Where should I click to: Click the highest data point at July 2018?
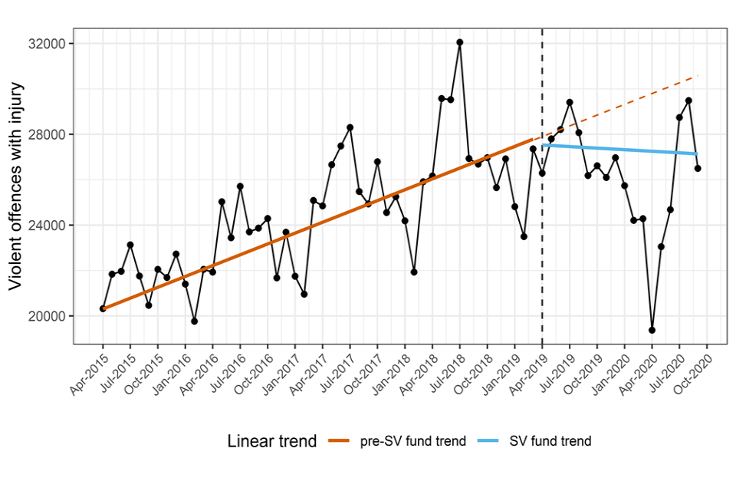pyautogui.click(x=459, y=42)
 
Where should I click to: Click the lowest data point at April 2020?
pyautogui.click(x=652, y=330)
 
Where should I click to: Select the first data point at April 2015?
pyautogui.click(x=103, y=308)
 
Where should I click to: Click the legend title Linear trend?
pyautogui.click(x=272, y=441)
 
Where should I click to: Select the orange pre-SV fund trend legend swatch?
pyautogui.click(x=339, y=441)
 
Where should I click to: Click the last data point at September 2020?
pyautogui.click(x=698, y=168)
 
